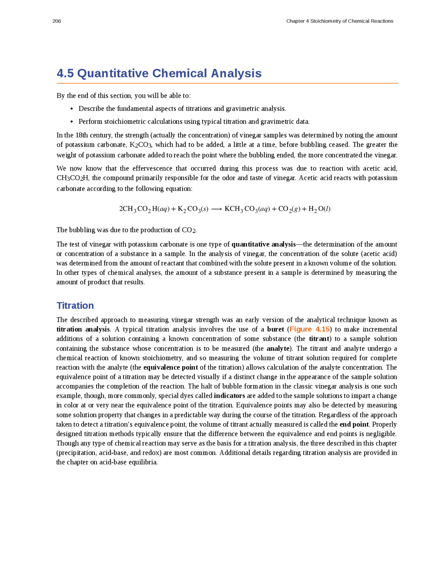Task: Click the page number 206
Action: click(56, 21)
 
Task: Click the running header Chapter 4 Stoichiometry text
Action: click(339, 21)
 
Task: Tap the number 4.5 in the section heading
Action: click(65, 74)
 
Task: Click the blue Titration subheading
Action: click(75, 306)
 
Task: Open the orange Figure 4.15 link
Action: click(309, 329)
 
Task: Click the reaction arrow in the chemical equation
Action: click(216, 209)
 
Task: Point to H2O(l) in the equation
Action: click(319, 209)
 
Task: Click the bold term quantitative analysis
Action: click(263, 244)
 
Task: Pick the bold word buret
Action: click(275, 329)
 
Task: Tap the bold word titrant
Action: click(319, 339)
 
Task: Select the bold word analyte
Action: click(278, 348)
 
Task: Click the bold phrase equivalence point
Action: click(170, 367)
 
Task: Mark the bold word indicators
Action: click(229, 396)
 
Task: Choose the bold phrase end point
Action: click(354, 424)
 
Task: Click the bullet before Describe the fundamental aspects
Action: click(71, 109)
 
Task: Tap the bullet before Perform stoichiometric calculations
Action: click(71, 122)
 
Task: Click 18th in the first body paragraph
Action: click(82, 135)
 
